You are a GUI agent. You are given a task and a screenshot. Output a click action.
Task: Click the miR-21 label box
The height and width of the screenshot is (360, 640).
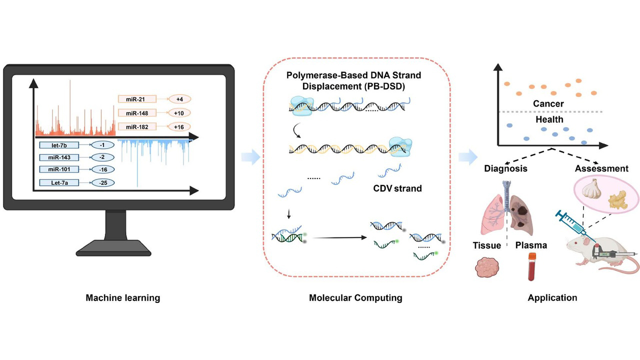tap(137, 99)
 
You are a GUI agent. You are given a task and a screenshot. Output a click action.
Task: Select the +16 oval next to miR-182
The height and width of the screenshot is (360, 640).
tap(179, 126)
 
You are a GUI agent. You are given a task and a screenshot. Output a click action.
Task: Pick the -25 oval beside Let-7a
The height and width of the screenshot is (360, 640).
tap(103, 182)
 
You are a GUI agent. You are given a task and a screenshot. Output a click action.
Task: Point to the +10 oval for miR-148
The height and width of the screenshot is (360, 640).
tap(179, 113)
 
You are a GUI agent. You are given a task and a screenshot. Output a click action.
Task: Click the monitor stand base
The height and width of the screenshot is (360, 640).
tap(118, 246)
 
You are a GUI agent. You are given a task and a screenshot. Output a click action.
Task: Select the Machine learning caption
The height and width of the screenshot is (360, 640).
tap(123, 298)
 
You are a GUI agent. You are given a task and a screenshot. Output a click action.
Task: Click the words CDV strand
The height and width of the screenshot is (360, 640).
tap(397, 188)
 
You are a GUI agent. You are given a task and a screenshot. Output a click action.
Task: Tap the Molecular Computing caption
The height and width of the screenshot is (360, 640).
tap(355, 298)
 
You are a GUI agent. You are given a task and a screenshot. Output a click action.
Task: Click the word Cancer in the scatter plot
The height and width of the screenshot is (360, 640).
tap(548, 104)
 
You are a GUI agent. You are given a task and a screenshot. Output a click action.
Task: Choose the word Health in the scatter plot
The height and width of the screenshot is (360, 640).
tap(548, 119)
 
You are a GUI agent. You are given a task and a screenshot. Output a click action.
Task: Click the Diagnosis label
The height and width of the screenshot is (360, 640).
tap(505, 168)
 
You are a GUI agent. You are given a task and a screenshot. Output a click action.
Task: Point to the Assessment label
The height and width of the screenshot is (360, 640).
tap(601, 168)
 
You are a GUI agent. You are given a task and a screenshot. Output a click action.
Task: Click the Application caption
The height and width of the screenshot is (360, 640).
tap(552, 298)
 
